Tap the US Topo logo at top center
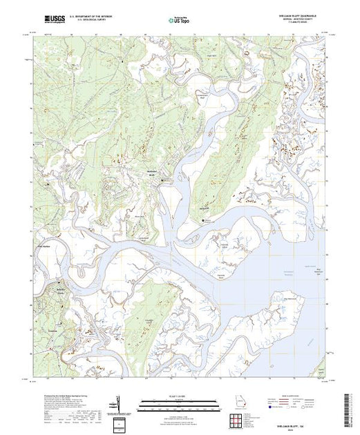coord(180,21)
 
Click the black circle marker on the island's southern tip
coord(203,220)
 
